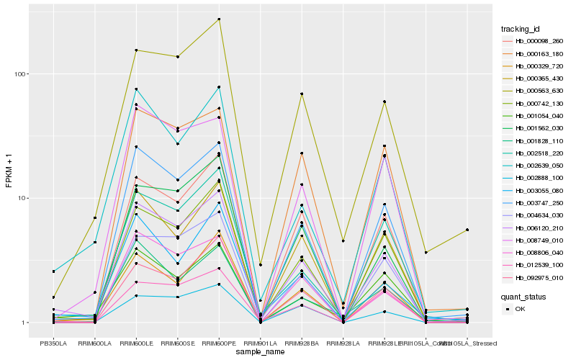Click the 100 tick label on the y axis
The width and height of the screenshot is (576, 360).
coord(19,74)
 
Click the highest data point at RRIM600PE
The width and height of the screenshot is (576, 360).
coord(219,19)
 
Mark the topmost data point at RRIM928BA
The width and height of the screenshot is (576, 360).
coord(302,94)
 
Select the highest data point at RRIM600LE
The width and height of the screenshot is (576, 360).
coord(136,50)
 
